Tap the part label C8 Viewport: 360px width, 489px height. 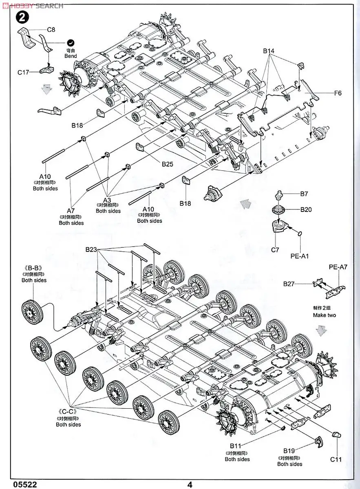(51, 30)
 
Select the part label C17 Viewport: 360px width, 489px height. (23, 72)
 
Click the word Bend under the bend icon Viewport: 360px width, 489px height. (71, 56)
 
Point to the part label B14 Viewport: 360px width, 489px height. (269, 51)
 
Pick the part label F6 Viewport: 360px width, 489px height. (338, 93)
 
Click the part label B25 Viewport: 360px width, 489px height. (168, 164)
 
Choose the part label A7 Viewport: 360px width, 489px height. (71, 211)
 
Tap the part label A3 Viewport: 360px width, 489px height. (107, 200)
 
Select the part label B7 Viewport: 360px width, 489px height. (304, 194)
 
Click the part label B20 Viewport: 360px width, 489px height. (306, 210)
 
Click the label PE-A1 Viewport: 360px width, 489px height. (300, 256)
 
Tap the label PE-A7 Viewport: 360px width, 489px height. (338, 268)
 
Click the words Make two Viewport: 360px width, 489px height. (325, 315)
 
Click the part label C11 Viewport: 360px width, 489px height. (336, 459)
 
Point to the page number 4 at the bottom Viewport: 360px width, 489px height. (190, 485)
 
